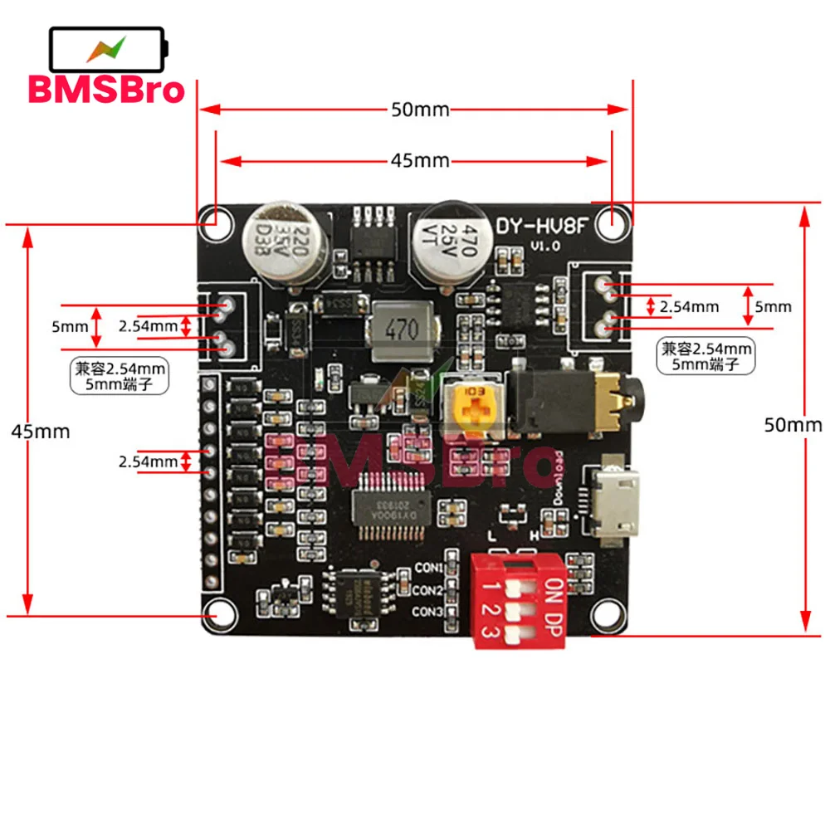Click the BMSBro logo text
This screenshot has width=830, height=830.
coord(106,89)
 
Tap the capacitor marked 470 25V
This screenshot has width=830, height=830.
coord(446,242)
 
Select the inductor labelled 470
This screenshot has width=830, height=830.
coord(402,330)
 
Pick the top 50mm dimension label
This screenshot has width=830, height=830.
coord(419,110)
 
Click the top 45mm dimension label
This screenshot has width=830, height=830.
coord(419,161)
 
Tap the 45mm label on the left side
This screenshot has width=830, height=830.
coord(40,432)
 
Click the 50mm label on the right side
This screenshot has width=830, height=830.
coord(793,425)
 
